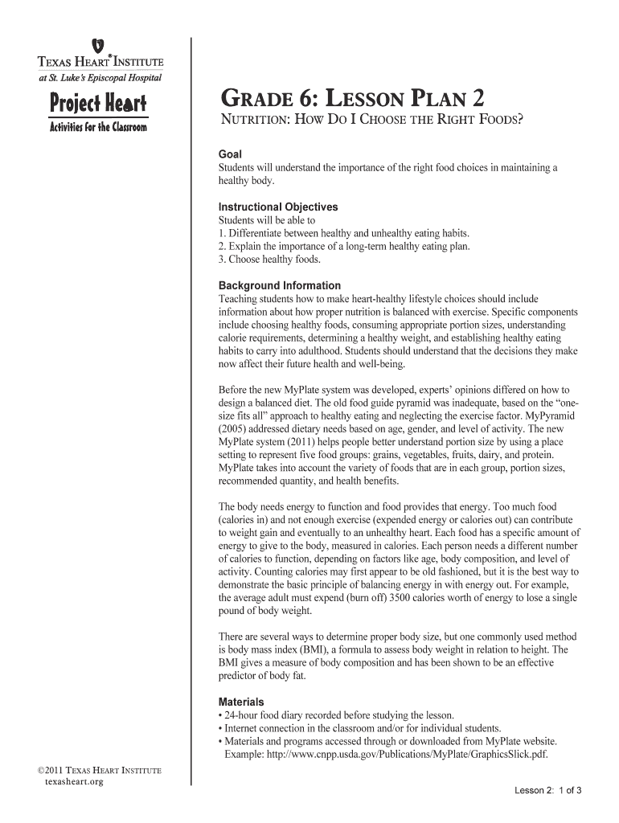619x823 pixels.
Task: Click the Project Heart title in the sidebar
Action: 96,104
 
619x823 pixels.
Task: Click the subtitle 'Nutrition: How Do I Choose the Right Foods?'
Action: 371,121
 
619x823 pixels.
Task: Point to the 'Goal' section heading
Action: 231,154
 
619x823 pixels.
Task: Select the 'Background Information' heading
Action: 280,285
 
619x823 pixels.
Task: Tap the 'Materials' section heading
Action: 241,702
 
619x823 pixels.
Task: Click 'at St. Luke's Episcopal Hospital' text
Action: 96,77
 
